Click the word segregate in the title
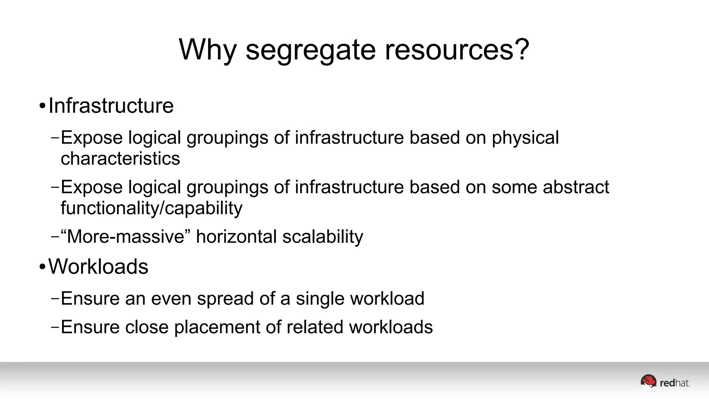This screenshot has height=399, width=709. pyautogui.click(x=311, y=50)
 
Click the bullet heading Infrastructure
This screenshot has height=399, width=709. pyautogui.click(x=111, y=106)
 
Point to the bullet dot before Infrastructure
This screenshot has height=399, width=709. pyautogui.click(x=42, y=106)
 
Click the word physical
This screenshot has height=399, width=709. pyautogui.click(x=525, y=138)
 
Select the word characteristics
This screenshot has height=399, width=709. pyautogui.click(x=120, y=159)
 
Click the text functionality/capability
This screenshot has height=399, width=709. pyautogui.click(x=151, y=209)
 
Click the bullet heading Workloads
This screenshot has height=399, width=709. pyautogui.click(x=98, y=267)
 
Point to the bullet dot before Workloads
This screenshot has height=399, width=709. pyautogui.click(x=42, y=267)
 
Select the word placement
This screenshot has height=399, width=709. pyautogui.click(x=217, y=327)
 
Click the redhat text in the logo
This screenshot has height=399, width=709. pyautogui.click(x=674, y=383)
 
